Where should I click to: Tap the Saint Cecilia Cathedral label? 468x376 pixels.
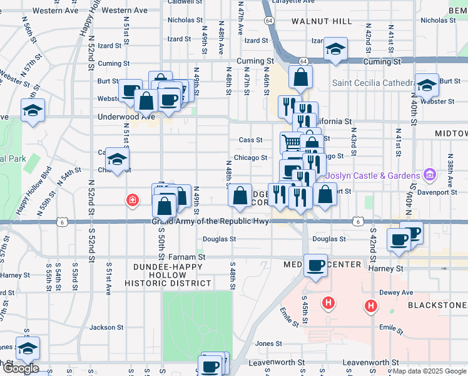(372, 83)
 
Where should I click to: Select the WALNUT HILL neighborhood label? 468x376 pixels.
(322, 21)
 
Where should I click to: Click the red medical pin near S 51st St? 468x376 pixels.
(131, 201)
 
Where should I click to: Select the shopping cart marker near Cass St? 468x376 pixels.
(292, 143)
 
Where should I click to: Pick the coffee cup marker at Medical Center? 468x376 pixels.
(315, 264)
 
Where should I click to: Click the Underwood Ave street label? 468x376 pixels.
(126, 117)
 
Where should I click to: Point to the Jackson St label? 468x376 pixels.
(106, 327)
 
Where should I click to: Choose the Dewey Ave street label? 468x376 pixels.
(399, 292)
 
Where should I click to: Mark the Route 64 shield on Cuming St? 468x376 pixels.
(303, 61)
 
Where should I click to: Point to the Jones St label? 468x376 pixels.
(268, 343)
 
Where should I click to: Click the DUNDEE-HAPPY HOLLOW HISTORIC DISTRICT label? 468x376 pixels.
(173, 275)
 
